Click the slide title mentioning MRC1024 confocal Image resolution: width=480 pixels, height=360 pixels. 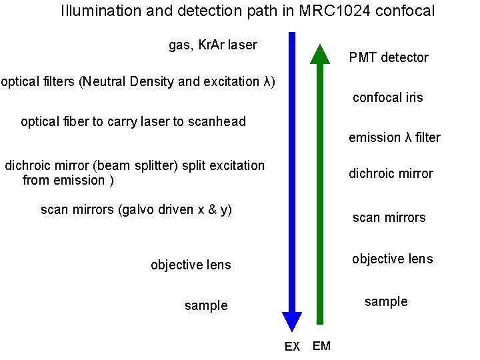247,11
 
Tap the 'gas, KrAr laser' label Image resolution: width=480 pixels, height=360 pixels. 213,45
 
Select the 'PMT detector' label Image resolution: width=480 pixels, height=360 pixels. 389,58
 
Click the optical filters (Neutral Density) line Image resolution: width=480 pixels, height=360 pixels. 137,82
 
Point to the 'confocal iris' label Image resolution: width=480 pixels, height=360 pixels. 387,98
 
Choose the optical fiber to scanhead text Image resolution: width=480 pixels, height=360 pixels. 133,122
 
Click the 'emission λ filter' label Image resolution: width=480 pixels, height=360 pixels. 394,138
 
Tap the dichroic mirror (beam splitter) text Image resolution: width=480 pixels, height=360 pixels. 134,173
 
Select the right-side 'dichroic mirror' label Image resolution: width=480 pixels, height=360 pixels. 391,174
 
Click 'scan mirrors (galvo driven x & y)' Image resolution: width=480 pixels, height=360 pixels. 136,210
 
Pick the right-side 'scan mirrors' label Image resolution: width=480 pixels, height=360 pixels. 389,218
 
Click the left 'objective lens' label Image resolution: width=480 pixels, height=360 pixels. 191,265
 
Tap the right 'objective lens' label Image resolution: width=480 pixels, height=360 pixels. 392,259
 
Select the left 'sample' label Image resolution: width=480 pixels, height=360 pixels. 206,306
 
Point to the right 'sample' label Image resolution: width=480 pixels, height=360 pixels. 386,302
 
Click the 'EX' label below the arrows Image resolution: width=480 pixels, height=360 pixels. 292,347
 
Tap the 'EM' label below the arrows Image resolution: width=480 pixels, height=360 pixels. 321,346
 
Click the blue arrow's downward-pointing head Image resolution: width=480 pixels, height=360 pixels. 291,322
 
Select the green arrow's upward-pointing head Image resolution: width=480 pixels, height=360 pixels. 321,54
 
